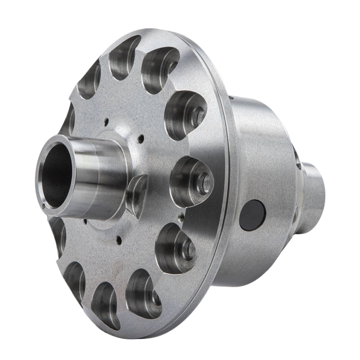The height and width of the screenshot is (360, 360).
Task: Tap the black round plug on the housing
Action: pos(252,215)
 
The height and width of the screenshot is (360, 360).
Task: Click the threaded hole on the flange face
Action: pos(180,216)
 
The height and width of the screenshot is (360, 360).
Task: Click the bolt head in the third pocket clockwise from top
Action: pos(198,117)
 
